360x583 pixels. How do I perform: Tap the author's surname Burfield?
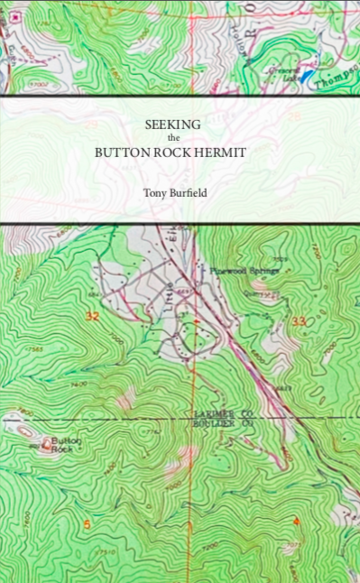(186, 191)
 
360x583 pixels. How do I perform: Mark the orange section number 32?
(92, 316)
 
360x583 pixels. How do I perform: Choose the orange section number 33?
(300, 321)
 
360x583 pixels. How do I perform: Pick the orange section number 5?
(87, 524)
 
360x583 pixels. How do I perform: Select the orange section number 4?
(295, 522)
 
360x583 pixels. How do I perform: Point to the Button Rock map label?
(65, 443)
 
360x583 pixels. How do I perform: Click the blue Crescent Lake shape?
(307, 77)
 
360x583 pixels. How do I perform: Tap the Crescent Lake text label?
(282, 74)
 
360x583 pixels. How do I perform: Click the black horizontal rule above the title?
(180, 96)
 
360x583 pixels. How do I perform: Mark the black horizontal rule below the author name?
(180, 223)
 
